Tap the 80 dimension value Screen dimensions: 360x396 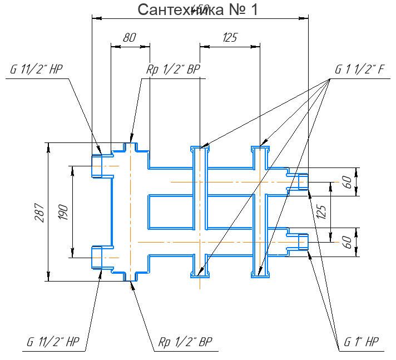click(129, 38)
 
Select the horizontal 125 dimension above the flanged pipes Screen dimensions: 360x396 click(230, 38)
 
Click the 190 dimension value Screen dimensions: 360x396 click(63, 212)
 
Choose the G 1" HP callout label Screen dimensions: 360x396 click(361, 342)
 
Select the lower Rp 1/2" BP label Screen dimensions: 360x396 click(185, 342)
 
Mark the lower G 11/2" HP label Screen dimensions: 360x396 click(53, 342)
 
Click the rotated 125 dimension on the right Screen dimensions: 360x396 click(321, 212)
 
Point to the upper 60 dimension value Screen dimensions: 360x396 click(348, 182)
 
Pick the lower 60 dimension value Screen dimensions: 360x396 click(348, 242)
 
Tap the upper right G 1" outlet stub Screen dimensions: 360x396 click(302, 182)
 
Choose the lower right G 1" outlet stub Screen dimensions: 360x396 click(302, 242)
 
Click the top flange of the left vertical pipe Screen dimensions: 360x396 click(200, 149)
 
